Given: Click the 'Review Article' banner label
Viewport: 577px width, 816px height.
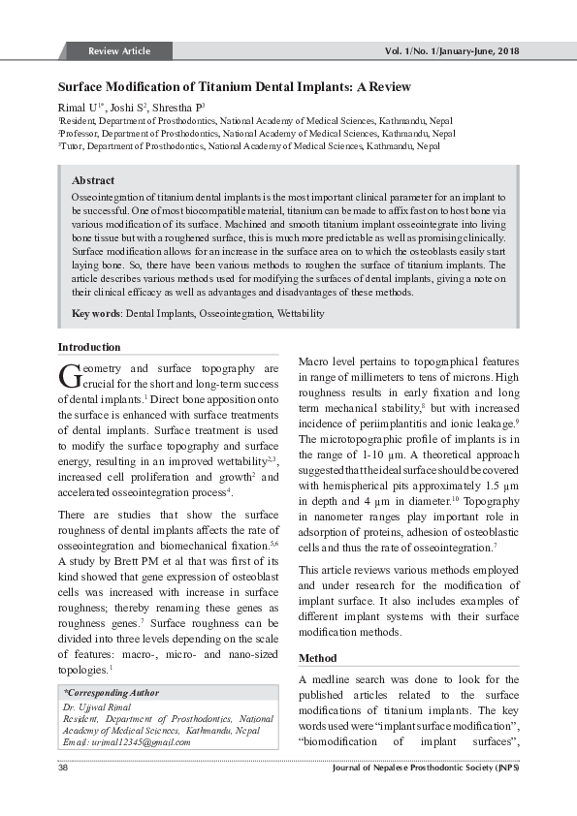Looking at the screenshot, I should pos(119,50).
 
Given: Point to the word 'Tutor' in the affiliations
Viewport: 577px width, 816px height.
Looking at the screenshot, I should pos(73,146).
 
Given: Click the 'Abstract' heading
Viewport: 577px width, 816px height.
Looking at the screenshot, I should pos(93,180).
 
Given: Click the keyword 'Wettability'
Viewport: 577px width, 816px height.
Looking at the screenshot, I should pos(301,314).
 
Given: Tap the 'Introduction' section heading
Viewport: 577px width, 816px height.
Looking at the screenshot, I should pos(89,347).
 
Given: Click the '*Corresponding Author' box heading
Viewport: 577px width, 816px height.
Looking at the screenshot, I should pos(112,694).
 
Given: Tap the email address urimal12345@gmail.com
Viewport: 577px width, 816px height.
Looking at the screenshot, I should pos(126,741).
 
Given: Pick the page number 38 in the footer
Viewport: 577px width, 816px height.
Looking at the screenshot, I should pos(63,769).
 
